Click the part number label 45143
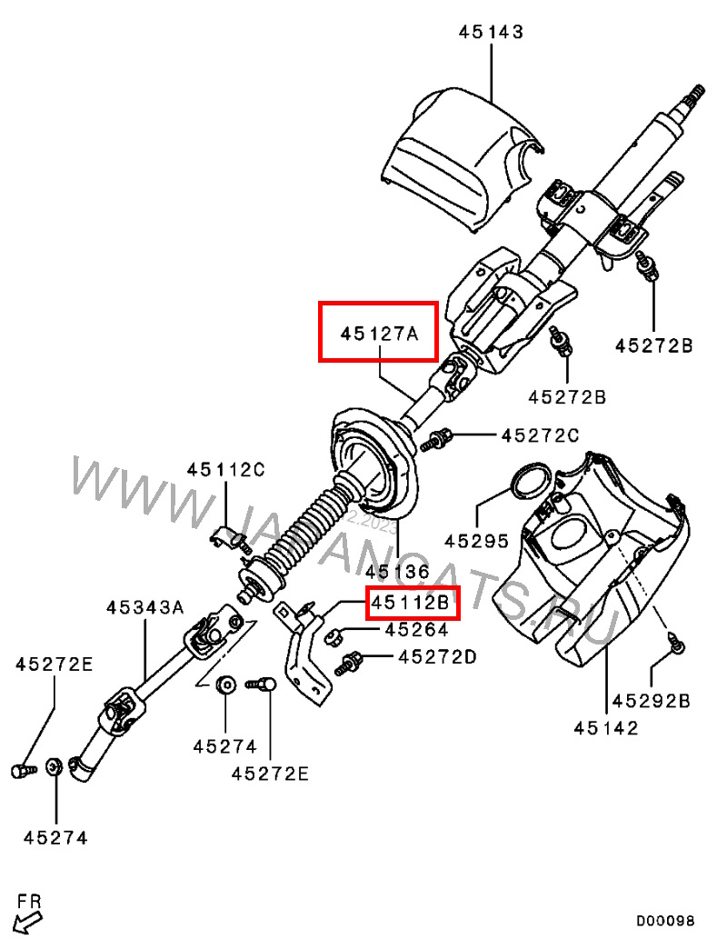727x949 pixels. (491, 33)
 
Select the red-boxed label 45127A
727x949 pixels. (378, 333)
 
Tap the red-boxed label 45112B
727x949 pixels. (413, 603)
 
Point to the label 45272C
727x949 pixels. (540, 436)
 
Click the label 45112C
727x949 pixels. (225, 470)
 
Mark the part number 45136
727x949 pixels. (396, 572)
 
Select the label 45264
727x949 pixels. (416, 629)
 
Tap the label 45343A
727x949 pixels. (144, 606)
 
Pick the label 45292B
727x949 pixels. (651, 700)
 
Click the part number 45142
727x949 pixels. (606, 727)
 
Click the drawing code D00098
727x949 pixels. (664, 921)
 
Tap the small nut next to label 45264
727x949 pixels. (334, 634)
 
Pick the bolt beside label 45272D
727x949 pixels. (349, 661)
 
